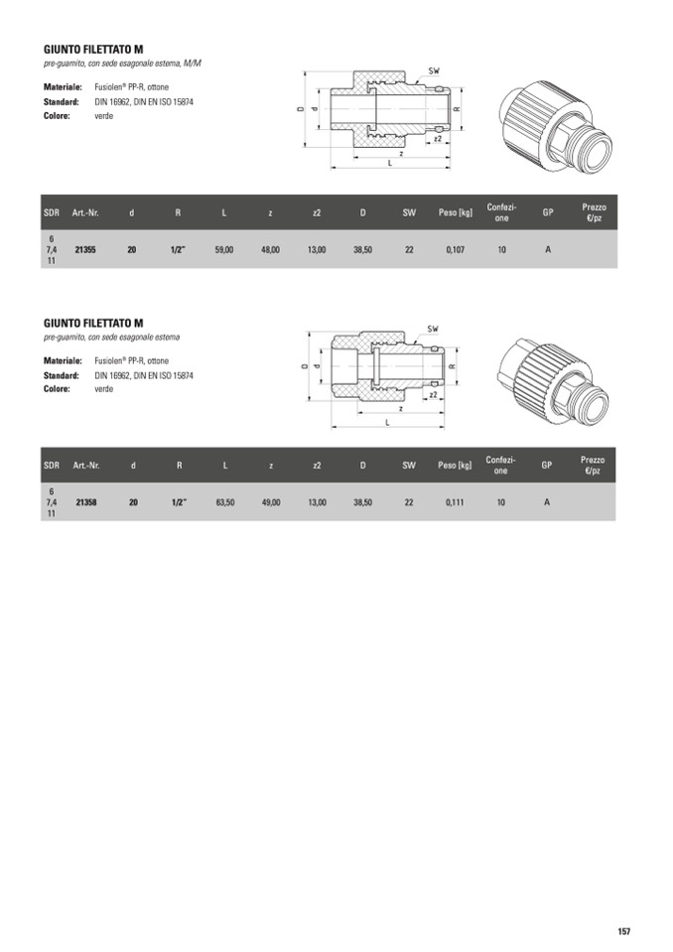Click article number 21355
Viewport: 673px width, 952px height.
85,249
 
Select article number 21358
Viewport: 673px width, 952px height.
86,502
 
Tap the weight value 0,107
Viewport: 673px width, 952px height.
456,249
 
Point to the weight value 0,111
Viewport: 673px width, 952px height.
455,502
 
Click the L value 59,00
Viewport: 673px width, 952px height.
224,249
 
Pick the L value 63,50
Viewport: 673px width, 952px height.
225,502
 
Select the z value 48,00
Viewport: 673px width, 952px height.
270,249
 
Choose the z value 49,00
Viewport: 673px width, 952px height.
271,502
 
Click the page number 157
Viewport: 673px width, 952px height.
624,931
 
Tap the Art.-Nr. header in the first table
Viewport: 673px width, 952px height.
85,212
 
